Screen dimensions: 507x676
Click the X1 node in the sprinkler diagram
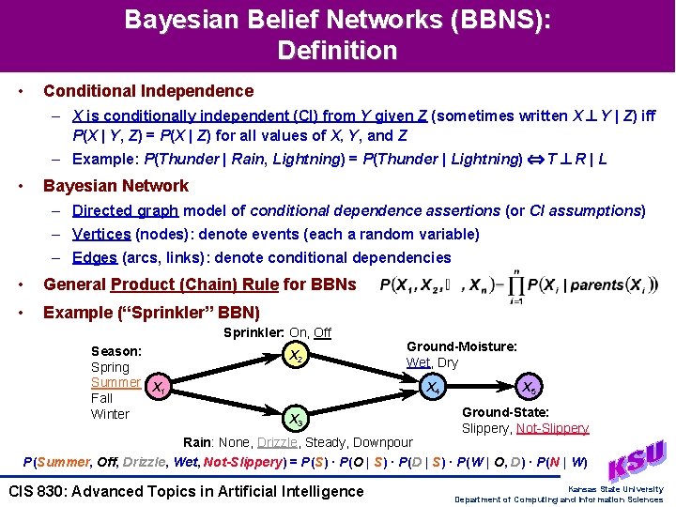(159, 386)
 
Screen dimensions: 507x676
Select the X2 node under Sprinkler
(295, 356)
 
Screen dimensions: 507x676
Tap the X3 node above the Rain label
(295, 418)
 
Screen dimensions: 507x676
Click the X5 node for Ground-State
(530, 386)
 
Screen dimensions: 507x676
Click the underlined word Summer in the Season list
(115, 382)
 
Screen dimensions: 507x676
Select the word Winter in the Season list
(110, 414)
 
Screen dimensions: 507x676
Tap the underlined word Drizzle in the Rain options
(277, 442)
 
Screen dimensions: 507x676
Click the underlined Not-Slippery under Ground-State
(553, 428)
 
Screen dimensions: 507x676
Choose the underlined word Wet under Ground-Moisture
(418, 362)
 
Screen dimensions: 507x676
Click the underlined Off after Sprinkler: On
(322, 332)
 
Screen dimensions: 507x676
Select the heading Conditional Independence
(148, 91)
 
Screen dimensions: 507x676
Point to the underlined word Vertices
(101, 234)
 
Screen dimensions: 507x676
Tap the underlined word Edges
(95, 257)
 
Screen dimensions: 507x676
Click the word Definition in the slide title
(337, 50)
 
